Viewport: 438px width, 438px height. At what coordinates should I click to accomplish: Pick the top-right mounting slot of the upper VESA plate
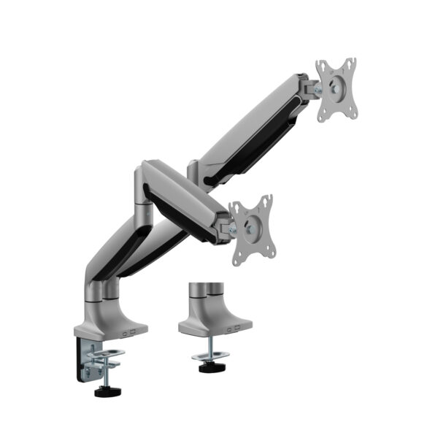click(350, 65)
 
